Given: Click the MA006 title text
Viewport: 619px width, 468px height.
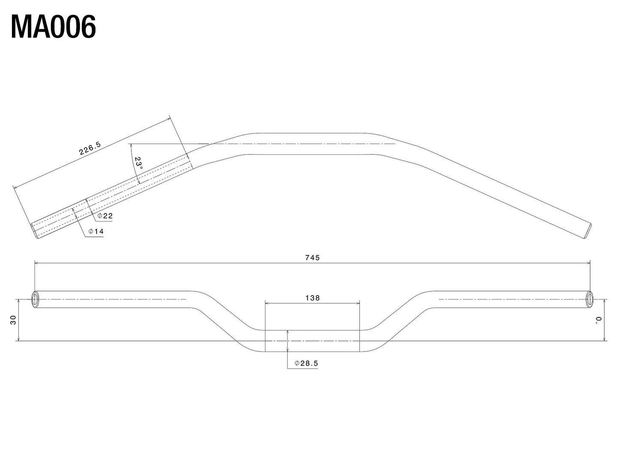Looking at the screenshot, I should point(53,27).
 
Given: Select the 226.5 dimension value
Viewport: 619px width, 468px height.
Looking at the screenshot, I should point(90,148).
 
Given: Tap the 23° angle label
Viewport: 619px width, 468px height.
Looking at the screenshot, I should point(138,163).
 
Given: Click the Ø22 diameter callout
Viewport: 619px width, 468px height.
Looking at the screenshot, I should point(105,216).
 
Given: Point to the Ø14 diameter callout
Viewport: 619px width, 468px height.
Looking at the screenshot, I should point(96,231).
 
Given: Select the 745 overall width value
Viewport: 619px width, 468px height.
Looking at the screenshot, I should point(312,258).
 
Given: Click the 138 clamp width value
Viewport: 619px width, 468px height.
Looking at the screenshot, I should point(312,298).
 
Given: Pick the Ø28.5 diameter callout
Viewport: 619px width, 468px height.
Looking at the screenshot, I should point(306,363).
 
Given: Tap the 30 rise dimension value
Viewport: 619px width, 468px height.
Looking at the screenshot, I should point(13,320).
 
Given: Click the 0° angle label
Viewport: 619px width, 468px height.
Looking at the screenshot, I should point(598,320).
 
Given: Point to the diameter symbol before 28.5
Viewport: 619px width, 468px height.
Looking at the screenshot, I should point(296,363).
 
